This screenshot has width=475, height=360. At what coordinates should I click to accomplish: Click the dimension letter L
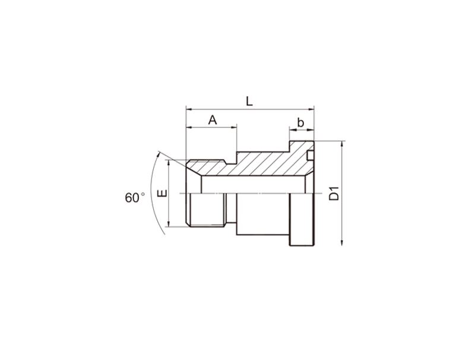tap(249, 101)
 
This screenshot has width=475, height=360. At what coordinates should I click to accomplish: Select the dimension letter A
tap(213, 120)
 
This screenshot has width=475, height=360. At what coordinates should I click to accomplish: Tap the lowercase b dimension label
tap(300, 123)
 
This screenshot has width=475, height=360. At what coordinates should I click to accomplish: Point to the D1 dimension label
tap(334, 194)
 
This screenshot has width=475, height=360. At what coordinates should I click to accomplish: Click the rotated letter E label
tap(162, 193)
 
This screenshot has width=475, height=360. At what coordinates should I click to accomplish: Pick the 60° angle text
tap(135, 198)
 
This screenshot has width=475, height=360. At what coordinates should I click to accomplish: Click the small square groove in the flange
tap(310, 155)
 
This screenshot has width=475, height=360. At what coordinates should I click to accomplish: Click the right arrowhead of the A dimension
tap(233, 127)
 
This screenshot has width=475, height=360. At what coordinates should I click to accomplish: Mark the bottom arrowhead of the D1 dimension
tap(342, 242)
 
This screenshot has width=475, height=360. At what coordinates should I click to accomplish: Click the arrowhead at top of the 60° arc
tap(158, 154)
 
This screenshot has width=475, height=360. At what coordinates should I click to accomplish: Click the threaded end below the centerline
tap(206, 210)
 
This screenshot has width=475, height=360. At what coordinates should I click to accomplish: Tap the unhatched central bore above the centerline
tap(253, 185)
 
